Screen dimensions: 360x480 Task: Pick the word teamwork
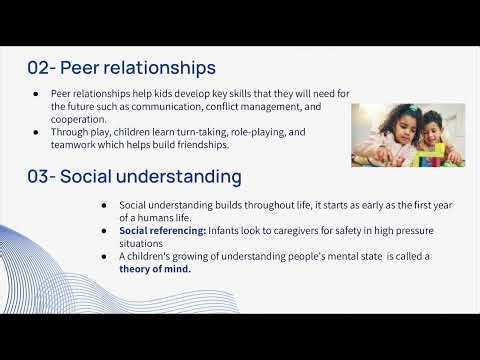[x=79, y=144]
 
